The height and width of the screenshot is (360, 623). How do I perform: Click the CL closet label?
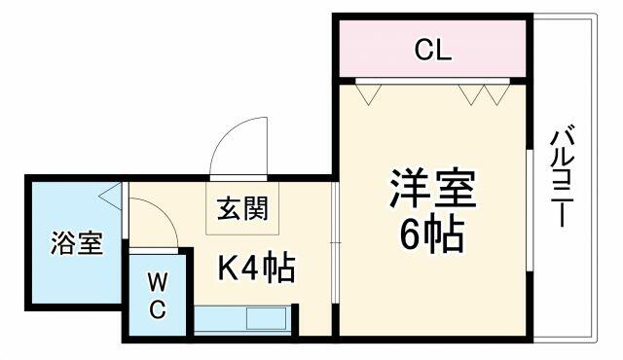pyautogui.click(x=433, y=50)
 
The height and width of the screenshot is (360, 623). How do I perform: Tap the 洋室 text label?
pyautogui.click(x=432, y=190)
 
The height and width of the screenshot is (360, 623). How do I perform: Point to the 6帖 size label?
pyautogui.click(x=432, y=234)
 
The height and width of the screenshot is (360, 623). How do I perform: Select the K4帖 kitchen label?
pyautogui.click(x=256, y=267)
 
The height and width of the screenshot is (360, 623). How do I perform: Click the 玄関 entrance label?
pyautogui.click(x=242, y=208)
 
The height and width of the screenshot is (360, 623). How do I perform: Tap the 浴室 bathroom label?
pyautogui.click(x=77, y=242)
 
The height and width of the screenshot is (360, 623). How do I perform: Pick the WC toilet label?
pyautogui.click(x=158, y=296)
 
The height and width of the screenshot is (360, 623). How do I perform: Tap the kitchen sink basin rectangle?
pyautogui.click(x=266, y=318)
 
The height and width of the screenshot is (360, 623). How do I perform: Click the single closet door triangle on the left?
pyautogui.click(x=368, y=94)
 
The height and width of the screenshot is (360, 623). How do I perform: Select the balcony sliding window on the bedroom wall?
pyautogui.click(x=530, y=210)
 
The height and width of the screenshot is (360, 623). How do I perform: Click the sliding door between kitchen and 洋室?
pyautogui.click(x=335, y=242)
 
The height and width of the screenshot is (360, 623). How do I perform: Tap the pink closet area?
pyautogui.click(x=432, y=49)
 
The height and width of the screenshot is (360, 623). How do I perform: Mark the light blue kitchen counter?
pyautogui.click(x=242, y=319)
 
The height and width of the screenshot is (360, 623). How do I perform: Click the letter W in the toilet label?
pyautogui.click(x=158, y=282)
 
